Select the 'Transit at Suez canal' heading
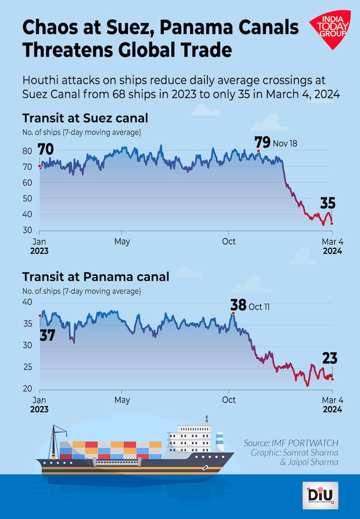(85, 118)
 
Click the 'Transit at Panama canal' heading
(96, 277)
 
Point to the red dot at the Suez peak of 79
(258, 151)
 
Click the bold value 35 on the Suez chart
(328, 203)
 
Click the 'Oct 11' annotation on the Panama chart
(259, 306)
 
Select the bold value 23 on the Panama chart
(329, 358)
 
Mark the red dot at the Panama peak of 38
(233, 313)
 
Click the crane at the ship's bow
(57, 437)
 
